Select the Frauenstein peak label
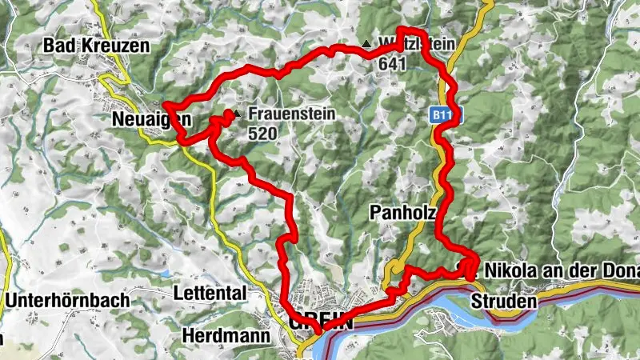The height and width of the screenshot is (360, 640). coord(290,114)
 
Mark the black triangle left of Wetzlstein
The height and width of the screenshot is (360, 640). coord(366,43)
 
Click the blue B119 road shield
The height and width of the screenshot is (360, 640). coord(447,115)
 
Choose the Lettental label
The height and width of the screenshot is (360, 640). coord(210,294)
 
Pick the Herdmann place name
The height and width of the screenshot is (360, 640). coord(226,336)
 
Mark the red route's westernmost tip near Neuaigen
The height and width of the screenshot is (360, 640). coord(165,105)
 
